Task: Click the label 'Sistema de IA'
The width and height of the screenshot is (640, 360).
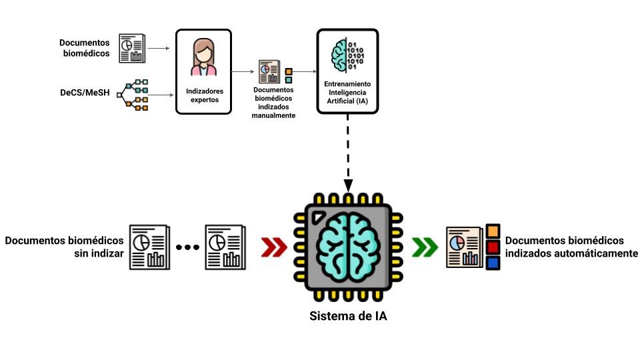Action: (349, 316)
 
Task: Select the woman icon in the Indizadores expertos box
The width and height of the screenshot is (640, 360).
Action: (203, 58)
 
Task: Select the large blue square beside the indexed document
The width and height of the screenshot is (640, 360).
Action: (493, 263)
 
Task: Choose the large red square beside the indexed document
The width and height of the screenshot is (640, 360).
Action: (493, 247)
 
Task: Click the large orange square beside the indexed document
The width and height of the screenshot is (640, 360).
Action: (493, 231)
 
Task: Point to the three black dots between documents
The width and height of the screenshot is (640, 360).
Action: (187, 247)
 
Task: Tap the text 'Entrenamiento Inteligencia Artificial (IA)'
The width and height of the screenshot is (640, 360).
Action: (347, 93)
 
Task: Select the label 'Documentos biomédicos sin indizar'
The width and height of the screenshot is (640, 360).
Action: (64, 246)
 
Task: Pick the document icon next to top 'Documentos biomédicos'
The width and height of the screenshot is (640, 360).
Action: (132, 48)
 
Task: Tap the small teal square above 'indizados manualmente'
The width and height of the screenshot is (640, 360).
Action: (289, 80)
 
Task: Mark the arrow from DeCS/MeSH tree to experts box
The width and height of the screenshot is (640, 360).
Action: (161, 95)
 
